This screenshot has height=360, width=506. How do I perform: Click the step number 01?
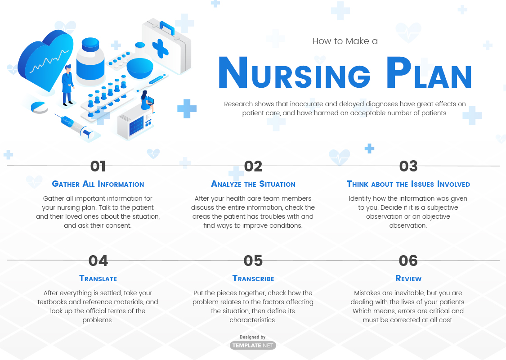click(98, 166)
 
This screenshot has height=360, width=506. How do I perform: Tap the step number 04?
click(98, 261)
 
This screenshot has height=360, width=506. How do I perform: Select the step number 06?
click(408, 261)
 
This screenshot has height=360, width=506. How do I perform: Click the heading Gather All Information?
click(98, 184)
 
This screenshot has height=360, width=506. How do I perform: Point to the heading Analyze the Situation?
click(253, 184)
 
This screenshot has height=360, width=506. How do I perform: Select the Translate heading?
click(98, 279)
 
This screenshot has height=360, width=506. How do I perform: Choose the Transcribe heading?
click(253, 279)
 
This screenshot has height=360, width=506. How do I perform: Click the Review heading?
click(408, 279)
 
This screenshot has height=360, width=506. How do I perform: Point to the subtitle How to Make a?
click(345, 41)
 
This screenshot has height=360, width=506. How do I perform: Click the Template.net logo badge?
click(253, 345)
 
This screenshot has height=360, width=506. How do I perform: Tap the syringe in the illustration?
click(77, 126)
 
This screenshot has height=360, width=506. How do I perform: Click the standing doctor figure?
click(67, 85)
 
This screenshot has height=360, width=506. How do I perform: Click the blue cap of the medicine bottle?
click(90, 44)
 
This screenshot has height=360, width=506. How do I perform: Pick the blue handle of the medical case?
click(167, 27)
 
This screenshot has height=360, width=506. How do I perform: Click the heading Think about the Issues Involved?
click(408, 184)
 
